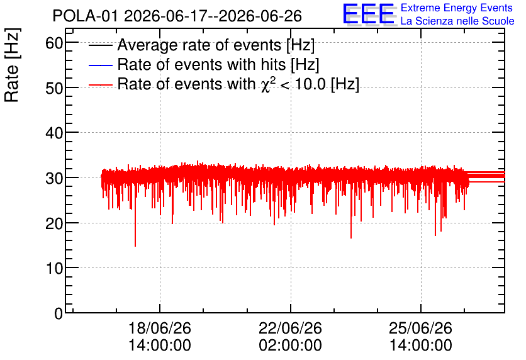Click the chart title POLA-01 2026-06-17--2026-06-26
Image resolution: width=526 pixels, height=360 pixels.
(x=177, y=16)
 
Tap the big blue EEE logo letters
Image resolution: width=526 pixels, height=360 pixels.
(x=369, y=14)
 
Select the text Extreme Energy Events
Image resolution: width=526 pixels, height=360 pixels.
(x=457, y=8)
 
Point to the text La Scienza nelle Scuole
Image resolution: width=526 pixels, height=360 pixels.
(x=457, y=21)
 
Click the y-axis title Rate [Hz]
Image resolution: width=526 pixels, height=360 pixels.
(x=12, y=65)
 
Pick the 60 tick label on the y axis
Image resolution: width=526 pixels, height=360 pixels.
(x=54, y=43)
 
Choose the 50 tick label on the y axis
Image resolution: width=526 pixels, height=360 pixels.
(x=54, y=88)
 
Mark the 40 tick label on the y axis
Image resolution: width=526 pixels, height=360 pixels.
(x=54, y=133)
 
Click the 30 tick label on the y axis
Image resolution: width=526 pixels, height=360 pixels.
(x=54, y=178)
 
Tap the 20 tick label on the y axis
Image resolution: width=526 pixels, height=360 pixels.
(x=54, y=223)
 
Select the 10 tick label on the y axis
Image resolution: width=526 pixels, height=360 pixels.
(x=54, y=268)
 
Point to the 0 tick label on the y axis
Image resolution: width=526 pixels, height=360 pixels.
(x=59, y=313)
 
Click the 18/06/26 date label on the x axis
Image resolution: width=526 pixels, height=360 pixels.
(x=160, y=328)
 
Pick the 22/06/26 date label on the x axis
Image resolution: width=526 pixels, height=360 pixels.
(x=290, y=328)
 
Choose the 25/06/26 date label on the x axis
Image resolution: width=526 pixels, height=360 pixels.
(x=421, y=328)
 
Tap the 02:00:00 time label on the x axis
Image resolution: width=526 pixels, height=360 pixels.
(x=290, y=345)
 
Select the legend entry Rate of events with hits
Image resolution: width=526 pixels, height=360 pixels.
(x=218, y=64)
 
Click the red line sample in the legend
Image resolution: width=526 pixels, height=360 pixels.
(x=101, y=85)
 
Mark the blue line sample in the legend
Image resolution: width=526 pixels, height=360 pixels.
(x=101, y=65)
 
